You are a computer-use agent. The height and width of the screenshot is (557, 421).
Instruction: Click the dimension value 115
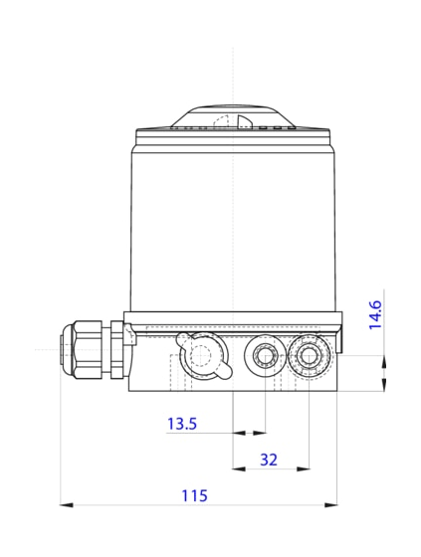(x=194, y=494)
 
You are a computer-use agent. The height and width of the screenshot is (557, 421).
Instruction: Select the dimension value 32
(x=269, y=460)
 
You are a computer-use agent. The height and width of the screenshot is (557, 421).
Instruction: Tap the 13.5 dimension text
(x=182, y=425)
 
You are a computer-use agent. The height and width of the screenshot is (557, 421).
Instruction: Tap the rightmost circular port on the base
(x=309, y=355)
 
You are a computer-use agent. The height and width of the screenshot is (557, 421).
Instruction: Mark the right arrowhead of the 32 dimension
(x=303, y=468)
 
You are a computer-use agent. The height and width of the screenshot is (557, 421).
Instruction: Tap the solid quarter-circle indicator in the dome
(x=245, y=122)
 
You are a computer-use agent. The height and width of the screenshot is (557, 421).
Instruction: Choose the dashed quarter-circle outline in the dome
(x=221, y=122)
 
